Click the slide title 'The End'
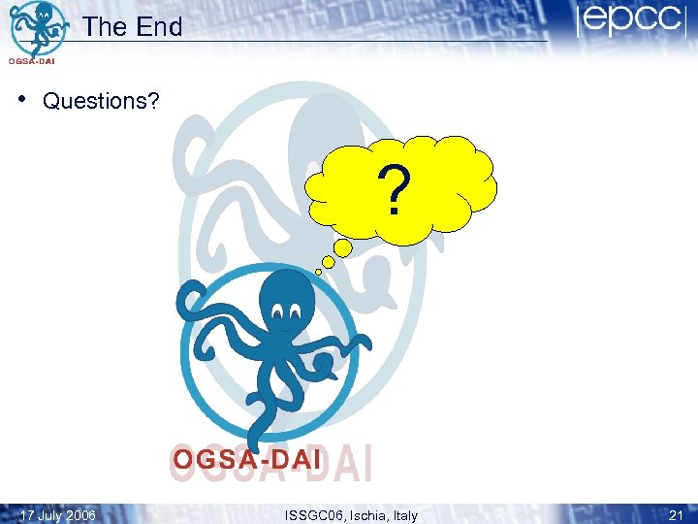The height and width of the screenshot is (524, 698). (133, 27)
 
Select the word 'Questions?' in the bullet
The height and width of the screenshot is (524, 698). (101, 102)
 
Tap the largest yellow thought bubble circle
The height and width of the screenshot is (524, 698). (343, 248)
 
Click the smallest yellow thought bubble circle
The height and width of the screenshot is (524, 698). (318, 273)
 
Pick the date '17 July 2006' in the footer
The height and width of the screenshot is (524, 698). (57, 515)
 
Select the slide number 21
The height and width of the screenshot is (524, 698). (676, 515)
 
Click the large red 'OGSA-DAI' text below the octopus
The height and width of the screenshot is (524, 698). (246, 460)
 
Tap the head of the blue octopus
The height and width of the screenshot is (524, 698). (287, 301)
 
